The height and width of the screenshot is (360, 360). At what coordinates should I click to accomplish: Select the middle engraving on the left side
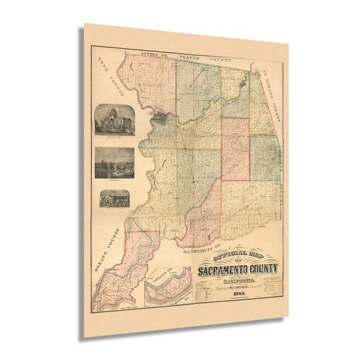(x=114, y=162)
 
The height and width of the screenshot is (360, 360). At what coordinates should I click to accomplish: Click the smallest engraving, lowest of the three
(x=114, y=199)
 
